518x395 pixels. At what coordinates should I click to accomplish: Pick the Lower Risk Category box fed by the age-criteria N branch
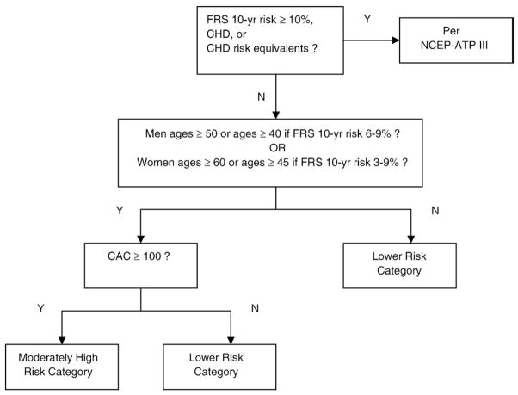pos(410,263)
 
